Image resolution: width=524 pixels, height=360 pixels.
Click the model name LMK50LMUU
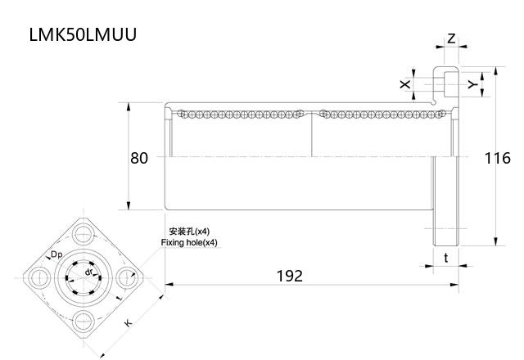coord(83,34)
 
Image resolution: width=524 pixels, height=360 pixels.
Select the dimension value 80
coord(139,157)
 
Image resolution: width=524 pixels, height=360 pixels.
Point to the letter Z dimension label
coord(451,38)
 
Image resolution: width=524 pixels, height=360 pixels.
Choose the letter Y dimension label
coord(471,84)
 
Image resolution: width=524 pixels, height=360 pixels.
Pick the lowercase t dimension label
coord(445,257)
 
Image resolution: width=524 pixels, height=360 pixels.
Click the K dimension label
coord(129,325)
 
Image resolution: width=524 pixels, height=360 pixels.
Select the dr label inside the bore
coord(88,270)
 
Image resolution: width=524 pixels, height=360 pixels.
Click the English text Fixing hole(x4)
coord(189,243)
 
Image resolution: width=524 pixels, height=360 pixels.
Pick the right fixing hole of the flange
coord(126,276)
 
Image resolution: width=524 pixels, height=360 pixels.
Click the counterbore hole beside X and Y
coord(446,83)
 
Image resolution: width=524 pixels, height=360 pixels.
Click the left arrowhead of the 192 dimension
coord(169,285)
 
